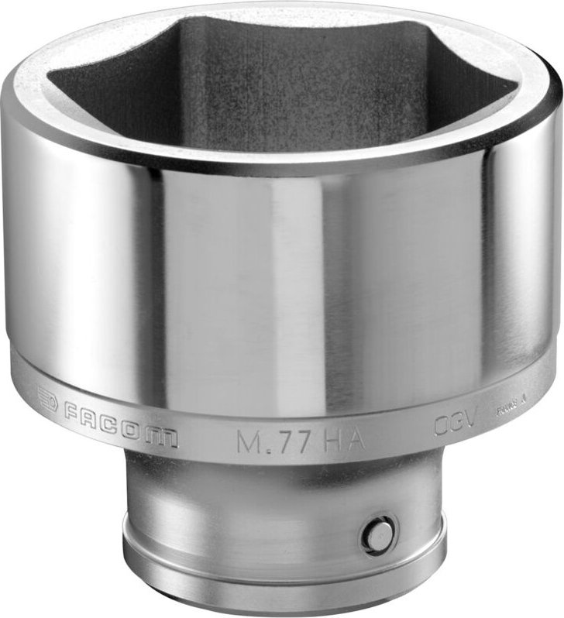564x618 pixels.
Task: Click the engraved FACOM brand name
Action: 120,430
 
